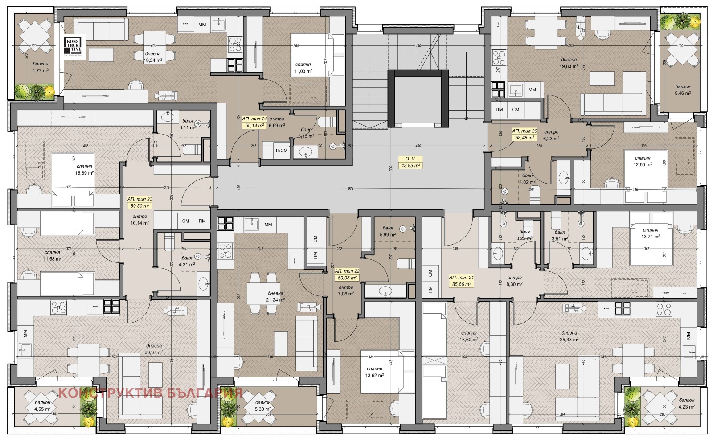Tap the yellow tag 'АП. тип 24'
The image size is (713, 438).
click(254, 123)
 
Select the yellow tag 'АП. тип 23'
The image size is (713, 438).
click(139, 203)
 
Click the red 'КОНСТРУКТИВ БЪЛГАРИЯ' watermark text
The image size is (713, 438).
click(151, 393)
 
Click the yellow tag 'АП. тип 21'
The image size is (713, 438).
click(461, 281)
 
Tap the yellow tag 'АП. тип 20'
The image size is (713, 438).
click(525, 135)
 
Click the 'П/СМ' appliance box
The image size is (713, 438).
click(282, 151)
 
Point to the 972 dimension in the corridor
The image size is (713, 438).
click(351, 188)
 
